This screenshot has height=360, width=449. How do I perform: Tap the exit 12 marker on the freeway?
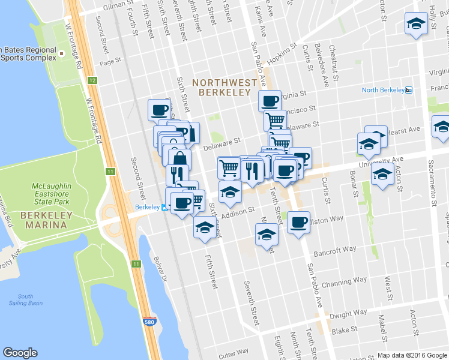click(x=91, y=80)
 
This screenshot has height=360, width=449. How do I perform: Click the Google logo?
click(x=20, y=353)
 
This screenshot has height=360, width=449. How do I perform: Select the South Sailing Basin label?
click(x=25, y=300)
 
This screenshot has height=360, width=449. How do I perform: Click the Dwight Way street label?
click(x=348, y=314)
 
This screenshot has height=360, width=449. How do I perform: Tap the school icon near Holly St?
click(x=415, y=24)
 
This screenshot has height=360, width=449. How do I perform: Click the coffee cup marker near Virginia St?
click(x=270, y=100)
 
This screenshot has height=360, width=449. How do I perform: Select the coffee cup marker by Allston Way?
click(x=298, y=223)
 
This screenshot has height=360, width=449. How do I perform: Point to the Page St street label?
click(x=111, y=62)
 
